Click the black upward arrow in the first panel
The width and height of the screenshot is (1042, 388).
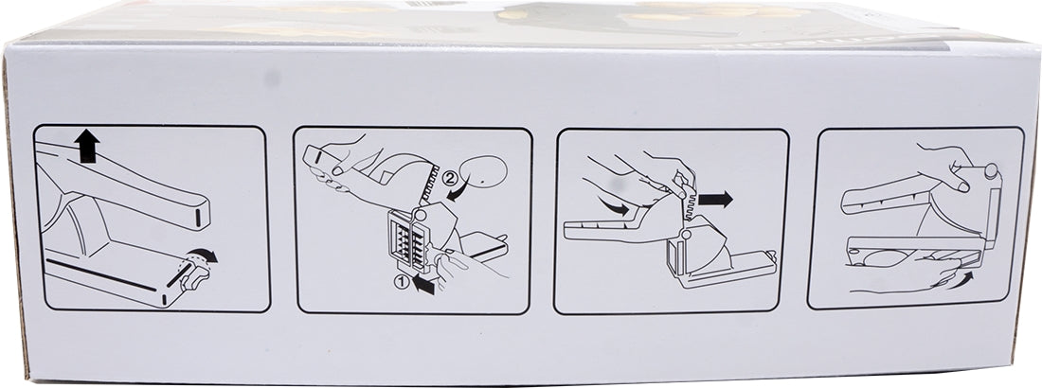86,146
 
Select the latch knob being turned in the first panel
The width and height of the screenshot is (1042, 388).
195,275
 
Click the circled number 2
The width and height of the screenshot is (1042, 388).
450,178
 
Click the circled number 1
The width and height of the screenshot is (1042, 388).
401,282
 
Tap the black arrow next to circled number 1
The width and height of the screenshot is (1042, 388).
422,284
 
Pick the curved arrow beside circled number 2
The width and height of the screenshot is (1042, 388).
458,192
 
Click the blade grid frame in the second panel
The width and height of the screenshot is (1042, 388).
407,238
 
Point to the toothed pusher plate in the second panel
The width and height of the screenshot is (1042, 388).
429,184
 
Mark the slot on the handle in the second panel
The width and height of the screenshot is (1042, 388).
317,158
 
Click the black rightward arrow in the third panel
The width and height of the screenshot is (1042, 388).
715,199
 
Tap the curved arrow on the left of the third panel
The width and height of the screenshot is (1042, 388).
613,206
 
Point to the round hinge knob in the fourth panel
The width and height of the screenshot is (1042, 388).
990,170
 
